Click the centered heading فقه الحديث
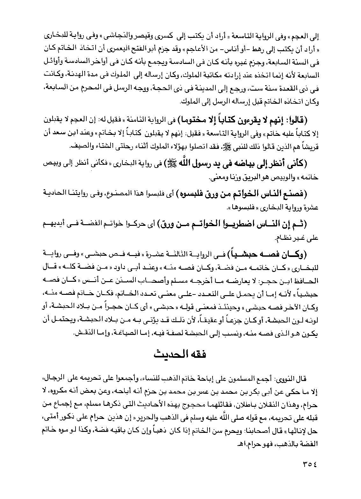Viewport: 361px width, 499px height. point(180,354)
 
